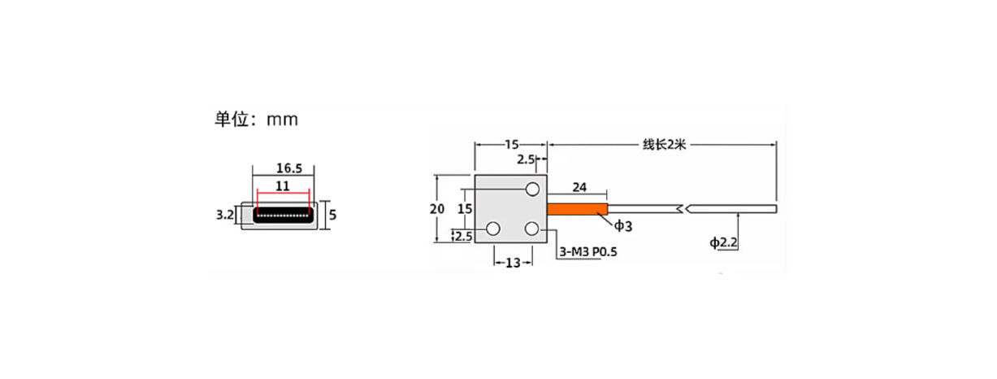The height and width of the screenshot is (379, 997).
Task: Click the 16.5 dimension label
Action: [289, 168]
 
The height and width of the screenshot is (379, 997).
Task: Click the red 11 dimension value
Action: [283, 186]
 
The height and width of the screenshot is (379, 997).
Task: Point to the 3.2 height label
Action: [225, 215]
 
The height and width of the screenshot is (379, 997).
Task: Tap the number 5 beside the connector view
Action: [332, 215]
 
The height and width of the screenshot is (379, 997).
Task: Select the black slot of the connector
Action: [283, 215]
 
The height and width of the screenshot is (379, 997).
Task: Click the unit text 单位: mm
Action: [257, 120]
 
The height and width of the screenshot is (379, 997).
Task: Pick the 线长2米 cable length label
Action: [664, 145]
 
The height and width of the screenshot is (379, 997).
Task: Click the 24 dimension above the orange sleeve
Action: [579, 187]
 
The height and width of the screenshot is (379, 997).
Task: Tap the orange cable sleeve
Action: [577, 209]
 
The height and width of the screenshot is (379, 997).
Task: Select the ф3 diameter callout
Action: [623, 226]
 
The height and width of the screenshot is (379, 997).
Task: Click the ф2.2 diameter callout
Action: [723, 242]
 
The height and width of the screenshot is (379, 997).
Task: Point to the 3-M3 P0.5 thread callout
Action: [588, 252]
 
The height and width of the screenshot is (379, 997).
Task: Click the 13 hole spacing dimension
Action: [513, 263]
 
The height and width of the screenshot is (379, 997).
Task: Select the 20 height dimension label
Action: [436, 209]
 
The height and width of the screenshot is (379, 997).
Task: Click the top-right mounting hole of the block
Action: [532, 189]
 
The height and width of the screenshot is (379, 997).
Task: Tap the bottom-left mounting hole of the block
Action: [493, 229]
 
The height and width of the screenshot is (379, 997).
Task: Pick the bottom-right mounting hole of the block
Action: [532, 229]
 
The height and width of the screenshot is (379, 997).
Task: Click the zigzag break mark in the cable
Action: [683, 209]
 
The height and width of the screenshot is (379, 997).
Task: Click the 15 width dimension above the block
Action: [511, 145]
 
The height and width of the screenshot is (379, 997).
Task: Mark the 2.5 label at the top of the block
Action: [526, 159]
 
